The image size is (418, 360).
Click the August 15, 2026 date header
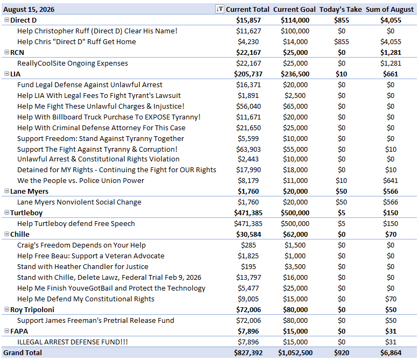[x=29, y=10]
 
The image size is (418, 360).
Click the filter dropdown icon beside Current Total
[x=219, y=9]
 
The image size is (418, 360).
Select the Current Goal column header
[x=294, y=10]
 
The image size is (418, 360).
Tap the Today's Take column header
[x=341, y=10]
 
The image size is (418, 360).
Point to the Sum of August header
[x=389, y=10]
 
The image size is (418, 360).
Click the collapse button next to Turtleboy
[x=6, y=213]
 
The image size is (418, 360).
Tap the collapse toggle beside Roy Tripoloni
[x=6, y=309]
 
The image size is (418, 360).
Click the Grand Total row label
[x=23, y=353]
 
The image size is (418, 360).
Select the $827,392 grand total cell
[x=248, y=353]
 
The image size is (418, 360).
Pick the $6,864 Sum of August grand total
[x=391, y=353]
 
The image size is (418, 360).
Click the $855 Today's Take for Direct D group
[x=342, y=20]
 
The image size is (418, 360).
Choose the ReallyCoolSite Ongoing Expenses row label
[x=73, y=63]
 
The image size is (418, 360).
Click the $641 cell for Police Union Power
[x=391, y=180]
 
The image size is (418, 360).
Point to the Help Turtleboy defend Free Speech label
[x=76, y=224]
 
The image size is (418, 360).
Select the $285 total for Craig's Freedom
[x=248, y=245]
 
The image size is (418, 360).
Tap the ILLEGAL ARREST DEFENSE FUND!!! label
[x=73, y=342]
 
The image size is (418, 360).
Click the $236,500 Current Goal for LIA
[x=295, y=74]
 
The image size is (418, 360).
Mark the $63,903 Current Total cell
[x=248, y=150]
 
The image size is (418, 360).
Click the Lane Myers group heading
[x=30, y=192]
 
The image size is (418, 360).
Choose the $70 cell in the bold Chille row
[x=391, y=235]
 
